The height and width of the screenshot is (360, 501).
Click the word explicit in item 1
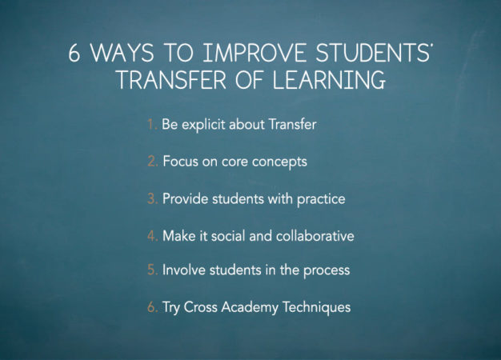[203, 125]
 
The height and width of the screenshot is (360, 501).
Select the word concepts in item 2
[280, 162]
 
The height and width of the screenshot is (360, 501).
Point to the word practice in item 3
[319, 198]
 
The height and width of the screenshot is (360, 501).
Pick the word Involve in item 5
[183, 270]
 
